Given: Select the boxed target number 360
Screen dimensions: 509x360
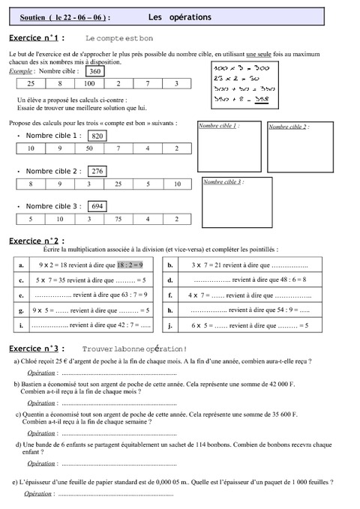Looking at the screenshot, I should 94,71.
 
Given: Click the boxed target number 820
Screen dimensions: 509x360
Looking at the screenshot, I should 97,136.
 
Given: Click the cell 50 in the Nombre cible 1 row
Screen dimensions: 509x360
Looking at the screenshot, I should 88,149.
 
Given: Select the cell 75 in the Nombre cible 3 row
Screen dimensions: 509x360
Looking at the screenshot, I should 118,219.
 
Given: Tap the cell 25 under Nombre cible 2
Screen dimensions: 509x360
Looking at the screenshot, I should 118,184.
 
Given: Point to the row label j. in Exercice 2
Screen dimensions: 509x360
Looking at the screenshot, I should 171,325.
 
